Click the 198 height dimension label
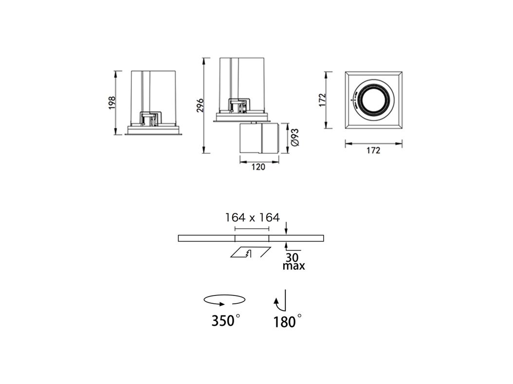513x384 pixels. (112, 103)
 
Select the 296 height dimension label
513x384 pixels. (200, 105)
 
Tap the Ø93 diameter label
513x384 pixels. (294, 137)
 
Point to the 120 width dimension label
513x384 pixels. (258, 167)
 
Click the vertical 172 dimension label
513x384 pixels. (323, 100)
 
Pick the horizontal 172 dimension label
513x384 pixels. (373, 150)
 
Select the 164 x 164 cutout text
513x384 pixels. (252, 217)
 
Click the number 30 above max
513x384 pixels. (292, 257)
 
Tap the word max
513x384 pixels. (293, 266)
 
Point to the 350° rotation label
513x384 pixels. (226, 321)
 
